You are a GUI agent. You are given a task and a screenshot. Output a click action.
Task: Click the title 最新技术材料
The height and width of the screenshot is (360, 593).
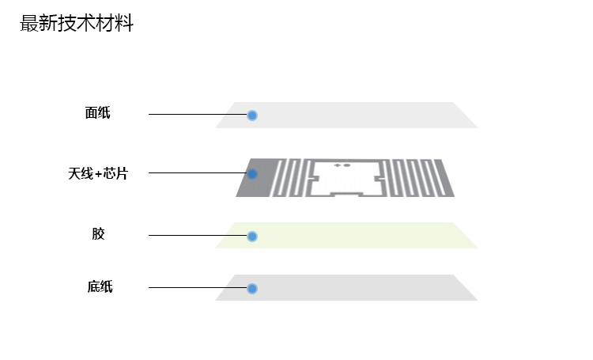point(77,24)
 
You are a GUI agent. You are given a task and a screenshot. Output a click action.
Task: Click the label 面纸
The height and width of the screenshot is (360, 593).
point(98,113)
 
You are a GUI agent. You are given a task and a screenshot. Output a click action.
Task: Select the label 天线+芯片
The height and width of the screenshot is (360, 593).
point(98,173)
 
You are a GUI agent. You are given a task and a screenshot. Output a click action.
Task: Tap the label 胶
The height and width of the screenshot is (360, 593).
point(98,234)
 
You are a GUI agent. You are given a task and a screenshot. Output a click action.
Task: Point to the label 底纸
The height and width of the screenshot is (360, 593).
point(100,286)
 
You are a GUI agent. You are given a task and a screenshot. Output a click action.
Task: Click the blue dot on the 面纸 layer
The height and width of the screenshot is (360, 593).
point(252,116)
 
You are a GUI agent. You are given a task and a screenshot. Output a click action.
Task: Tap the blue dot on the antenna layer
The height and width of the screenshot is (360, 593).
point(252,174)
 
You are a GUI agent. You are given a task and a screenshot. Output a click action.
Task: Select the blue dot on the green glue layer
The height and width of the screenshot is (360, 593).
point(252,236)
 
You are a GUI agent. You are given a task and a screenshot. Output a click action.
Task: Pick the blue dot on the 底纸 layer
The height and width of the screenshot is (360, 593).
point(252,288)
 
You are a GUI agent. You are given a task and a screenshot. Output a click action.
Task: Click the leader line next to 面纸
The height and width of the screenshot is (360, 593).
point(198,115)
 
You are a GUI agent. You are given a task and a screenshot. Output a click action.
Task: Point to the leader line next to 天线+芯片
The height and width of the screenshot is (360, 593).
point(198,172)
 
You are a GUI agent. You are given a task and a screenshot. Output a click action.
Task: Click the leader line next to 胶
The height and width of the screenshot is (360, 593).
point(198,235)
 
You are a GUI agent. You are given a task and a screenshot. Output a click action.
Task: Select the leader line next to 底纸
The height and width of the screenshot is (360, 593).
point(198,287)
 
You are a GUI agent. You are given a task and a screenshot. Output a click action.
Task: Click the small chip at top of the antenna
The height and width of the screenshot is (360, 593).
point(342,165)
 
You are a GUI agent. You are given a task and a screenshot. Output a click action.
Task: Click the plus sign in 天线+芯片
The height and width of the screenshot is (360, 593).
point(98,174)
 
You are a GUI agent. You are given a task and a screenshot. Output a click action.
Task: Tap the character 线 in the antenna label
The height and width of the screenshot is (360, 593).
point(87,173)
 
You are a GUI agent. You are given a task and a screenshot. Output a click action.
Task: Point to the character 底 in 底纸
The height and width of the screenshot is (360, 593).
point(93,286)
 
